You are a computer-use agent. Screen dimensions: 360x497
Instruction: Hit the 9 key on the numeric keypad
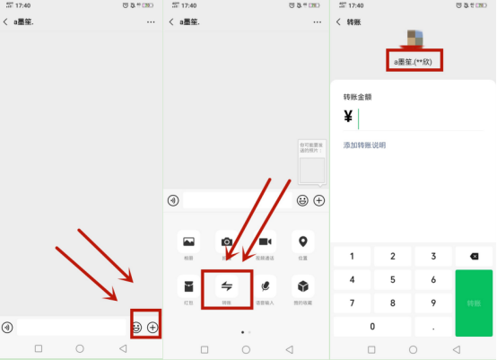(x=434, y=303)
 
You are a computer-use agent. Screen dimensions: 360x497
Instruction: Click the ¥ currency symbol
(x=347, y=117)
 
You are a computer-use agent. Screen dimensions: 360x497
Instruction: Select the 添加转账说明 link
(x=364, y=145)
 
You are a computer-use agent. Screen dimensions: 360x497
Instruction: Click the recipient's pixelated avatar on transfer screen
(x=414, y=38)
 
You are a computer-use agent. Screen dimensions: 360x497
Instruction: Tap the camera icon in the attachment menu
(x=227, y=241)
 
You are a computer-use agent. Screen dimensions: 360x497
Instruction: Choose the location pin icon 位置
(x=303, y=241)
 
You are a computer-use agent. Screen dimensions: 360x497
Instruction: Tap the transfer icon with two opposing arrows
(x=227, y=286)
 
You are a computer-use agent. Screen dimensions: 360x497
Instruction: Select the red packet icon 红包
(x=188, y=286)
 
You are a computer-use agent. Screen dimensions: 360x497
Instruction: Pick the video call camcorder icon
(x=266, y=241)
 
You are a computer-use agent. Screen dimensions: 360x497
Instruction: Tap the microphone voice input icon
(x=266, y=286)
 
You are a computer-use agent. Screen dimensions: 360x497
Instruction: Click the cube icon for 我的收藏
(x=303, y=286)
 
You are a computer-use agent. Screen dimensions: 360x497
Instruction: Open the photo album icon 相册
(x=188, y=241)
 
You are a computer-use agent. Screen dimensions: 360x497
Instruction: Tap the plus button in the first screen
(x=153, y=327)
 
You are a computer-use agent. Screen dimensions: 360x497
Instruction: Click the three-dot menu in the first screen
(x=151, y=21)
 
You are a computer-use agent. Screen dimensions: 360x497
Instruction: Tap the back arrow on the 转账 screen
(x=337, y=21)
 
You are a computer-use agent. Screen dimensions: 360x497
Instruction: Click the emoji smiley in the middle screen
(x=302, y=200)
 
